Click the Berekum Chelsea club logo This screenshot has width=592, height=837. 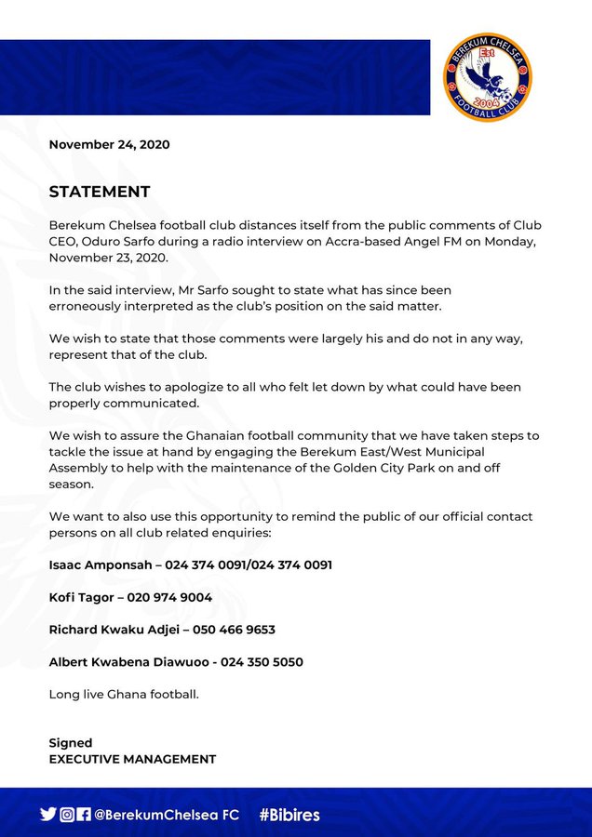click(x=487, y=78)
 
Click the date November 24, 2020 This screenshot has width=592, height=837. click(x=109, y=144)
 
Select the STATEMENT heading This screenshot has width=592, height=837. click(x=100, y=192)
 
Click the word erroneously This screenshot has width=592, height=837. click(x=93, y=306)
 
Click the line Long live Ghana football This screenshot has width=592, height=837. click(x=124, y=695)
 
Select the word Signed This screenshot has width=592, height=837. click(x=71, y=743)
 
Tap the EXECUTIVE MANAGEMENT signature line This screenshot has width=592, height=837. click(x=132, y=759)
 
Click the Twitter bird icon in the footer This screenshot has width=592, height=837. click(x=48, y=814)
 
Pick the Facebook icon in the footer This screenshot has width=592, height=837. click(x=84, y=815)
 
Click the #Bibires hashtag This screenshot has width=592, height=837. click(x=289, y=815)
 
